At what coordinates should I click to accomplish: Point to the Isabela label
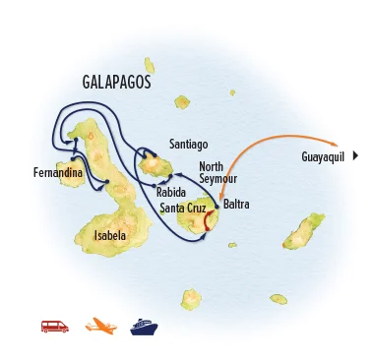(109, 236)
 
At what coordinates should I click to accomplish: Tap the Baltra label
(236, 205)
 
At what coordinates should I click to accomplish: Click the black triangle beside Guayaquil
(354, 155)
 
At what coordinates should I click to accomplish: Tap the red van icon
(54, 326)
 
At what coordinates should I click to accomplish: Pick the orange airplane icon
(99, 326)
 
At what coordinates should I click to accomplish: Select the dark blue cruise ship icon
(144, 326)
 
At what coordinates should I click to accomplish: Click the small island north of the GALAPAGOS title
(150, 65)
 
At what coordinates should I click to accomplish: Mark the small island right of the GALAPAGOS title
(182, 101)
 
